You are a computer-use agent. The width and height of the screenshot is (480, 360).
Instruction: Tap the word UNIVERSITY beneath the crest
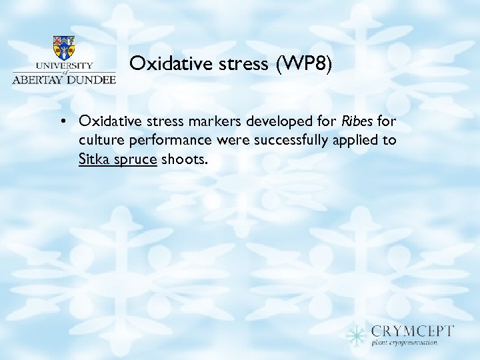pyautogui.click(x=64, y=65)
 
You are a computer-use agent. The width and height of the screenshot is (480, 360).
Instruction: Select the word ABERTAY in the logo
pyautogui.click(x=41, y=78)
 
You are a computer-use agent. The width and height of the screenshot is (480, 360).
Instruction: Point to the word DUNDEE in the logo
pyautogui.click(x=93, y=78)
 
